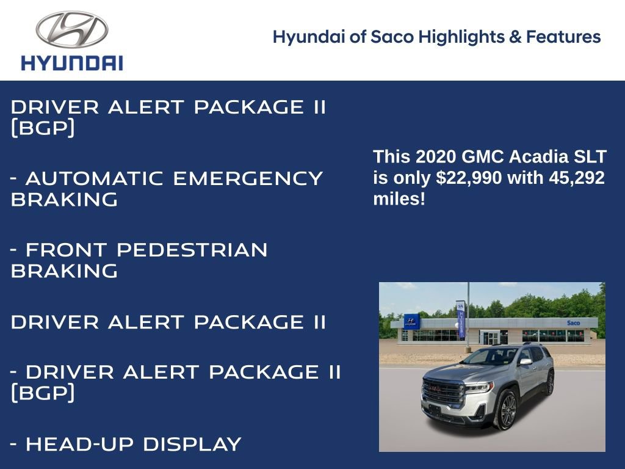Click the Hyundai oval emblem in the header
pyautogui.click(x=71, y=29)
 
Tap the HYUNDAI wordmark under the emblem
pyautogui.click(x=71, y=63)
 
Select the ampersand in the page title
pyautogui.click(x=515, y=37)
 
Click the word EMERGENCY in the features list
pyautogui.click(x=248, y=179)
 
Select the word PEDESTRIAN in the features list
pyautogui.click(x=192, y=250)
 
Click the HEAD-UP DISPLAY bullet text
pyautogui.click(x=133, y=445)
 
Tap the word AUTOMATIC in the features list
pyautogui.click(x=95, y=179)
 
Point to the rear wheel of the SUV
pyautogui.click(x=550, y=383)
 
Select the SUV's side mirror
pyautogui.click(x=525, y=362)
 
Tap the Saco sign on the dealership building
pyautogui.click(x=573, y=322)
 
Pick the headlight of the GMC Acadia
pyautogui.click(x=478, y=387)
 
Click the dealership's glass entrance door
pyautogui.click(x=490, y=337)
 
